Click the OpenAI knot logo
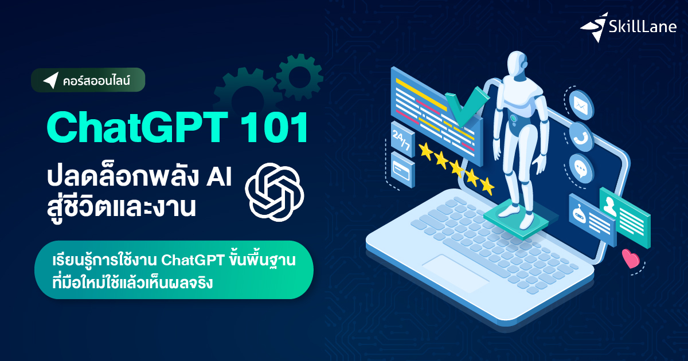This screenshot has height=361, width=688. click(275, 191)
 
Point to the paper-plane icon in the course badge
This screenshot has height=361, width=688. click(50, 80)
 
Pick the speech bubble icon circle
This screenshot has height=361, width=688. click(581, 167)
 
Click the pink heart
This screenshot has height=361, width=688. click(631, 259)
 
